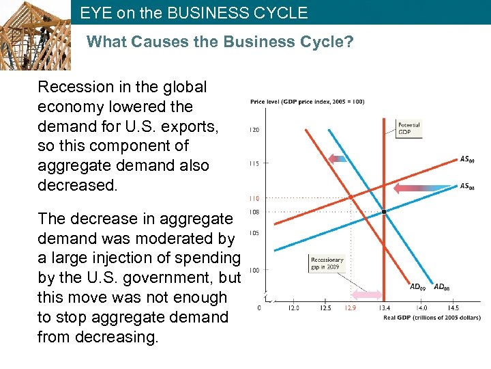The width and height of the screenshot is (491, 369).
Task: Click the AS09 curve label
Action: point(467,160)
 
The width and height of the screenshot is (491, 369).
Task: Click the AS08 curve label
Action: point(467,186)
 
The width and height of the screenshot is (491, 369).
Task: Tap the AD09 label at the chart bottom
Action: point(419,287)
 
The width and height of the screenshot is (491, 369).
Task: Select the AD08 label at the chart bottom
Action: point(442,287)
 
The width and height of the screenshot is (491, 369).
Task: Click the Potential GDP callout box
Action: point(409,128)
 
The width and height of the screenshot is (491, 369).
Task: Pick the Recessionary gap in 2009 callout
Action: point(327,263)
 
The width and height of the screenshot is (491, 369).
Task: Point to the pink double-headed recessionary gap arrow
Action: point(366,295)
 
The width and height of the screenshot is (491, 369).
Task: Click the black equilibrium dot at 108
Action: point(384,212)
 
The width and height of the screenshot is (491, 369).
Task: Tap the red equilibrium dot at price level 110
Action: point(351,197)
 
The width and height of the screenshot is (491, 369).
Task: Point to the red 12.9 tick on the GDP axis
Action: point(350,308)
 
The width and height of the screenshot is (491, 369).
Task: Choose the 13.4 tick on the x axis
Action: point(384,308)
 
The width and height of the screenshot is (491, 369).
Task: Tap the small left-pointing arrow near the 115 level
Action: point(338,159)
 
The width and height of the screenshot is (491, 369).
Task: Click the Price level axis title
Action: point(308,102)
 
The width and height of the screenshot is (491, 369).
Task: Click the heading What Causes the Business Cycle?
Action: point(220,42)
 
